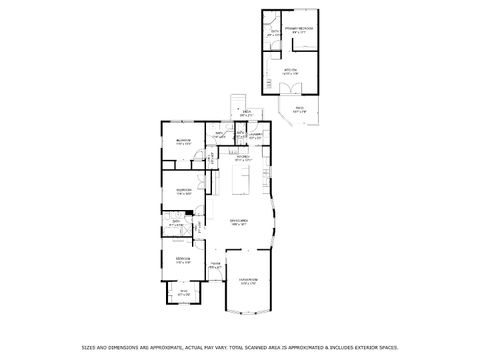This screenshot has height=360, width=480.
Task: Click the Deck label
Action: coord(246,114)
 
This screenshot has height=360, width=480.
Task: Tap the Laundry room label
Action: coord(255,134)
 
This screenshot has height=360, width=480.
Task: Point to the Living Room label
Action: coord(247,280)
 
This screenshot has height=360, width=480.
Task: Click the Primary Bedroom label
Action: coord(298,29)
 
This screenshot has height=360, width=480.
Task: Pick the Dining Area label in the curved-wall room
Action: coord(239,222)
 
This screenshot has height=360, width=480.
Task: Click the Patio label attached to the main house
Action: coord(183,293)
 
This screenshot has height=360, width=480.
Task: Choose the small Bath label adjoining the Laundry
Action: coord(220,134)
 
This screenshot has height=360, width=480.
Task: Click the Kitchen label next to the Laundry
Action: coord(242,157)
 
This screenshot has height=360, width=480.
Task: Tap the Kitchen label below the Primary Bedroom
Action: coord(289,71)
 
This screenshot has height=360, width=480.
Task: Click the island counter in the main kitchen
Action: coord(239,181)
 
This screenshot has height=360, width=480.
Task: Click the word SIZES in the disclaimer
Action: coord(87,348)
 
